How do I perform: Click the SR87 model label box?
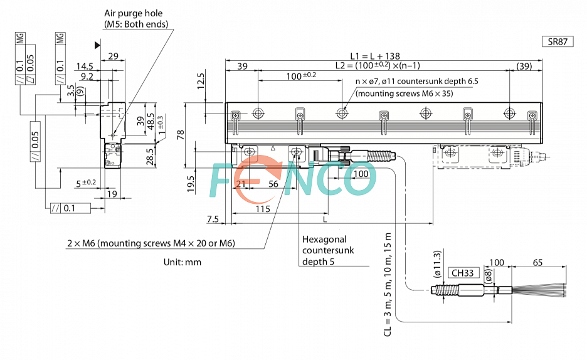558,41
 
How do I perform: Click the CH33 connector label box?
463,273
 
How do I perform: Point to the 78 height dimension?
181,135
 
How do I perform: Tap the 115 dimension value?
263,209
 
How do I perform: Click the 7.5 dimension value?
213,219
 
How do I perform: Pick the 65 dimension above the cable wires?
537,263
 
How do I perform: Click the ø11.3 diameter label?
437,264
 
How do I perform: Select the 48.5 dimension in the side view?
151,121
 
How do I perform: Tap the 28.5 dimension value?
150,157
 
